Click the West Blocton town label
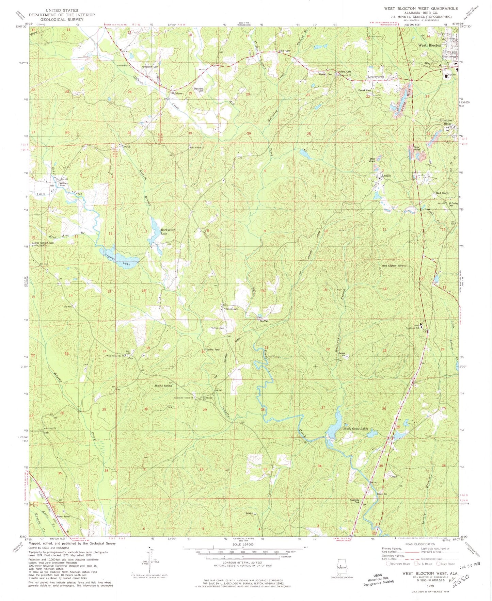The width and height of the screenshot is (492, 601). pyautogui.click(x=429, y=45)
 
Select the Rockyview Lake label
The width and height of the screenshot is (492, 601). pyautogui.click(x=168, y=231)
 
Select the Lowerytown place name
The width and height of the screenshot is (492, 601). pyautogui.click(x=376, y=77)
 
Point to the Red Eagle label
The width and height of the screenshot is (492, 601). pyautogui.click(x=443, y=193)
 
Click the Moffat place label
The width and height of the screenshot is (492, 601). pyautogui.click(x=264, y=321)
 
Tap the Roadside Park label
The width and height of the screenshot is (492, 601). pyautogui.click(x=354, y=501)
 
